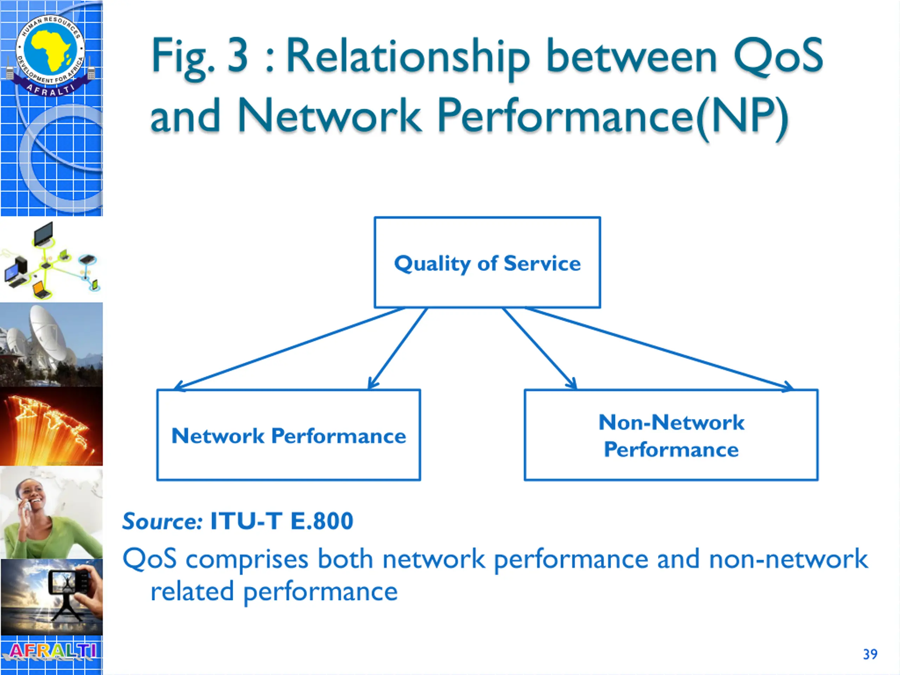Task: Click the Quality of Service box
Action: click(487, 262)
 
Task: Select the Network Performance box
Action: click(289, 435)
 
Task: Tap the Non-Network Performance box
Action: click(671, 435)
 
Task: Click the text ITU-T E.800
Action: click(282, 521)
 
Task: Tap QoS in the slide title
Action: click(778, 56)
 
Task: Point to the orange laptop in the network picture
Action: click(41, 289)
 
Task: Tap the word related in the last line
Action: click(192, 592)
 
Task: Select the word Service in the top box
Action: click(542, 263)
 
